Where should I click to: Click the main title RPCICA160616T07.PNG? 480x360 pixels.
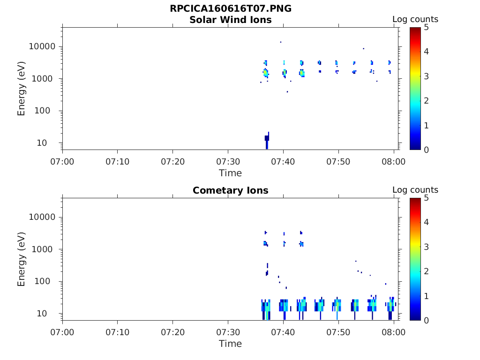click(230, 9)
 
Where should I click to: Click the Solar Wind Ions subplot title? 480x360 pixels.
click(230, 20)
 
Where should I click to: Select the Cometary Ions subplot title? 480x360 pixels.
click(230, 190)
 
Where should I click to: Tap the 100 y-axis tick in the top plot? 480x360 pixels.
click(47, 111)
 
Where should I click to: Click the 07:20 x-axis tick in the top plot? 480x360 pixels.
click(173, 162)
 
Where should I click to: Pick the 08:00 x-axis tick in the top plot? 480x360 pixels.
click(394, 162)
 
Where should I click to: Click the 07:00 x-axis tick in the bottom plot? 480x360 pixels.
click(62, 332)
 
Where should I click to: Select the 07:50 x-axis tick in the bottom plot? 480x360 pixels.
click(338, 332)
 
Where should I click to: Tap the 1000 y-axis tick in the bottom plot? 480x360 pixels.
click(45, 249)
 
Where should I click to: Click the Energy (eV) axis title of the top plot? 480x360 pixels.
click(22, 88)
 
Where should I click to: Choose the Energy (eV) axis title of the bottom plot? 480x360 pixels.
click(22, 259)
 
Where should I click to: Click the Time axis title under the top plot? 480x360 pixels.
click(230, 173)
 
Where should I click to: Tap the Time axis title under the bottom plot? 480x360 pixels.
click(230, 344)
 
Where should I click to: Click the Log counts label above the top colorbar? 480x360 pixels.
click(415, 20)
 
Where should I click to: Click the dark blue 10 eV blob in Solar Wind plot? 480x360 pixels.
click(267, 139)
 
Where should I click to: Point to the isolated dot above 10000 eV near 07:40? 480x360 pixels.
click(281, 42)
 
